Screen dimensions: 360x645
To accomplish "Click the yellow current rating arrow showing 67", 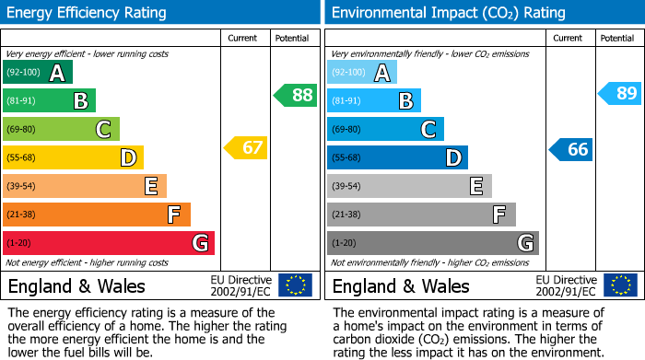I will coord(246,147).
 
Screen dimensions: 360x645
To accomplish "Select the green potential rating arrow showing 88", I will coord(296,95).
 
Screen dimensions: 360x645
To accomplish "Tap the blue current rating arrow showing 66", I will coord(571,149).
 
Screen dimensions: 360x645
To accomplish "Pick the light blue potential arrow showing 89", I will coord(620,93).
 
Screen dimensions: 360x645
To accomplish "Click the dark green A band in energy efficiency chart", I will coord(37,73).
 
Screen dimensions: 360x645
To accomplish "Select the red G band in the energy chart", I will coord(108,243).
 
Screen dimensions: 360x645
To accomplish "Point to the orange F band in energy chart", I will coord(96,215).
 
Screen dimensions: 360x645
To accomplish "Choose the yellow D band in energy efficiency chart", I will coord(73,157).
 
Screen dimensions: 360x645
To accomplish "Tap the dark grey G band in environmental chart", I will coord(432,243).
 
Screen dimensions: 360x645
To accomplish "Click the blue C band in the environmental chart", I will coord(385,129).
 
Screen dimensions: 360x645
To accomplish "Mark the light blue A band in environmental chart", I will coord(362,73).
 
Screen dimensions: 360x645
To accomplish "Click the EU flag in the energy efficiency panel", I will coord(295,285).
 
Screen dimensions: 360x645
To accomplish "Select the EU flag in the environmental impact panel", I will coord(620,285).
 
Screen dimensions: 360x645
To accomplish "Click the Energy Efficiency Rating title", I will coord(88,13).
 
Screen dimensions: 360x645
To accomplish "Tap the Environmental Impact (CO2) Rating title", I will coord(448,13).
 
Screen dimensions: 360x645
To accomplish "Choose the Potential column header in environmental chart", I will coord(617,38).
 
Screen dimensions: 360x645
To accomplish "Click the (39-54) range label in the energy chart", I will coord(22,186).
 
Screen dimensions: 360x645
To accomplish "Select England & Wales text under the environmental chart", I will coord(401,286).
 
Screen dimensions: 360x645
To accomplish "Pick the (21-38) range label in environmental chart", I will coord(347,215).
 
